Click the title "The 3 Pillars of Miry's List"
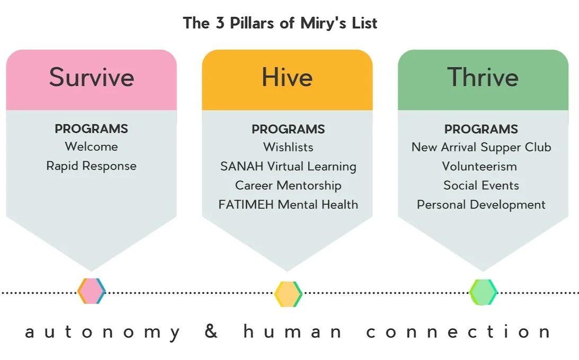coord(280,23)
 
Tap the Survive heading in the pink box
coord(92,77)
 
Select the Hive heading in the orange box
coord(287,77)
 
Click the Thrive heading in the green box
coord(483,77)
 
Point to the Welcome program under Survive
coord(92,147)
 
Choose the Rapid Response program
coord(92,166)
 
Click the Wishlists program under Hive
coord(288,147)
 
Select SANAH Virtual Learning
coord(288,166)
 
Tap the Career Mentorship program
coord(288,185)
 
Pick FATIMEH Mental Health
coord(288,204)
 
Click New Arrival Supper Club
coord(481,147)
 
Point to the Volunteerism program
coord(479,166)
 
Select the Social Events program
coord(481,185)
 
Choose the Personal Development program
coord(481,204)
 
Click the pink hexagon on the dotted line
coord(92,291)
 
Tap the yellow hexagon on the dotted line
coord(288,294)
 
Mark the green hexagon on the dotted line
coord(483,292)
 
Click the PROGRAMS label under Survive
coord(92,129)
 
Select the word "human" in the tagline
coord(293,332)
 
